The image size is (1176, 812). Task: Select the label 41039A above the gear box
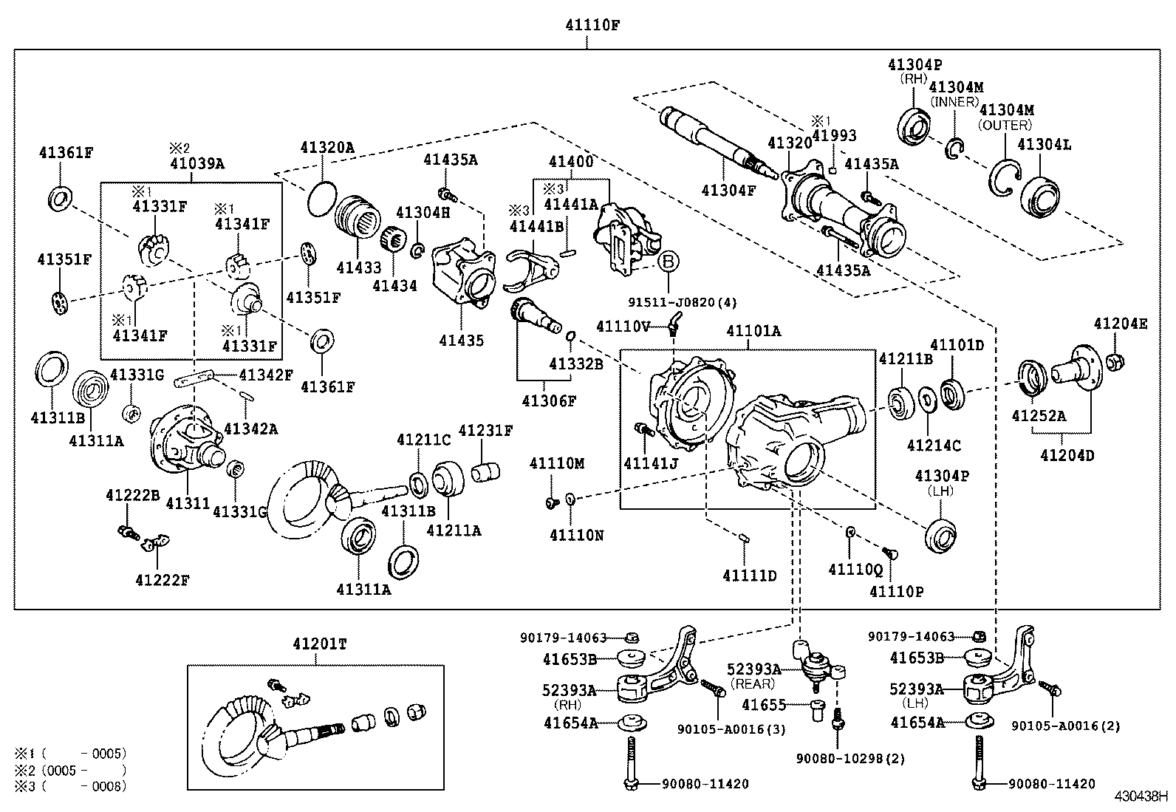(x=197, y=163)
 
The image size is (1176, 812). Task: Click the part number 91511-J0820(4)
(x=683, y=301)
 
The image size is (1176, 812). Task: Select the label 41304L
(x=1044, y=145)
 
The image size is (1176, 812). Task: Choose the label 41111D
(x=750, y=575)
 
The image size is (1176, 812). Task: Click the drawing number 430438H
(x=1141, y=797)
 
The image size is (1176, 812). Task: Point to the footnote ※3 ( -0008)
(x=70, y=786)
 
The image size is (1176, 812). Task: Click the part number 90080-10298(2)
(x=849, y=758)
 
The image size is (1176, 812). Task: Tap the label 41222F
(x=162, y=580)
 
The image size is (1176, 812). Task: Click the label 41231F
(x=485, y=430)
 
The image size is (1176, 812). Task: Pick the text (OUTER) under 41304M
(x=1005, y=126)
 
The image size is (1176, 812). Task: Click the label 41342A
(x=250, y=429)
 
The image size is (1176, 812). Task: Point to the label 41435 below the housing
(x=462, y=340)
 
